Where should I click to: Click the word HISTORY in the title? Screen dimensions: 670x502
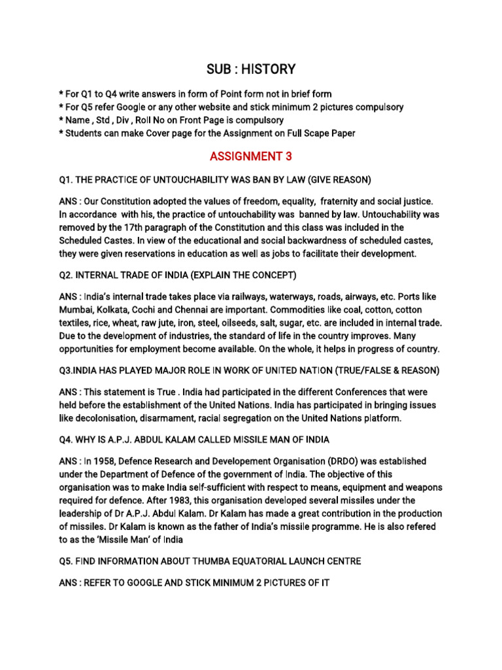(x=270, y=69)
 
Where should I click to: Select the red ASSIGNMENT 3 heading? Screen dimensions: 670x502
(x=251, y=156)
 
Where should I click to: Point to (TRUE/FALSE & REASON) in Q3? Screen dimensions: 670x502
(x=388, y=371)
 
